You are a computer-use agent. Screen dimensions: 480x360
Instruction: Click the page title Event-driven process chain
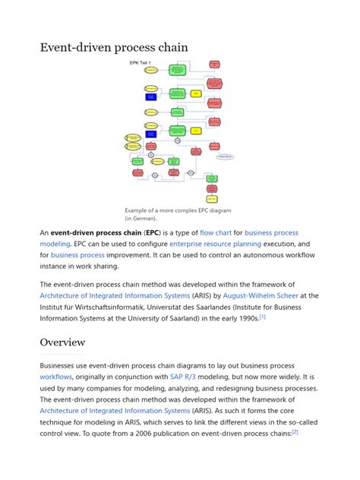click(x=114, y=47)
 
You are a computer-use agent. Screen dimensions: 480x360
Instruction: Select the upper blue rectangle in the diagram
click(x=151, y=97)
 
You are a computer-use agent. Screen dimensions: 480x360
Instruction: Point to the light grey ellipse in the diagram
click(x=225, y=156)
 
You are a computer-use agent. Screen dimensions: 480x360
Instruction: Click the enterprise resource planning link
click(x=215, y=244)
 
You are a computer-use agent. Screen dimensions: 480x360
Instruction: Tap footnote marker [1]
click(x=262, y=317)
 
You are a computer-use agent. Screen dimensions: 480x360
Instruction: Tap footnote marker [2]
click(x=295, y=431)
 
